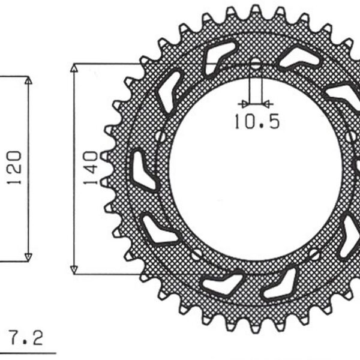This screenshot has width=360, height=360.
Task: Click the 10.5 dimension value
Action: click(x=257, y=122)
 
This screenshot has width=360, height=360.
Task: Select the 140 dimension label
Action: click(x=89, y=168)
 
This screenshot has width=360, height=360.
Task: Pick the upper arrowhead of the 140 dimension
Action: click(x=74, y=67)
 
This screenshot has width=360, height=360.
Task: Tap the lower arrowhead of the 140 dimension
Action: click(x=74, y=269)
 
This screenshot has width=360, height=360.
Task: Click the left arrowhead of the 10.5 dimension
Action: click(x=243, y=103)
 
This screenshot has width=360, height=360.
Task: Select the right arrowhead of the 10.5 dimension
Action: click(x=267, y=103)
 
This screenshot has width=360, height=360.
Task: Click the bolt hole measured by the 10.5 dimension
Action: click(x=256, y=64)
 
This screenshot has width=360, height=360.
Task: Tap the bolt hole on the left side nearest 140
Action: click(x=160, y=137)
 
